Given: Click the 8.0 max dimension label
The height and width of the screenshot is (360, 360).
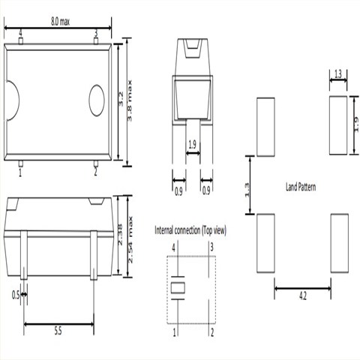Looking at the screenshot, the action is pos(60,22).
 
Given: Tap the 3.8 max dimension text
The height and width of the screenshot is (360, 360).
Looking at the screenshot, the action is pos(130,100).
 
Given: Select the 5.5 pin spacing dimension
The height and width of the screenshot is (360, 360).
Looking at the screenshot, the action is pos(58,331).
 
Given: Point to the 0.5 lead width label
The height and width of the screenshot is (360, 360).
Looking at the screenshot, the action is pos(16,295).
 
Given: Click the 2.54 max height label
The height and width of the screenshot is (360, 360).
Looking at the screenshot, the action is pos(130,240).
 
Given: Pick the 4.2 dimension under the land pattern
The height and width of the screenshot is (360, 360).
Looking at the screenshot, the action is pos(303,296).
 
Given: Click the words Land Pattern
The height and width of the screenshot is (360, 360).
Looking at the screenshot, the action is pos(301,187).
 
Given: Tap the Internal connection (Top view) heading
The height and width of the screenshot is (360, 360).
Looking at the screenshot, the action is pos(190,230).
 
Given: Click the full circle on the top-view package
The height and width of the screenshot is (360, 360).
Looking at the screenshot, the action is pos(97,100).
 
